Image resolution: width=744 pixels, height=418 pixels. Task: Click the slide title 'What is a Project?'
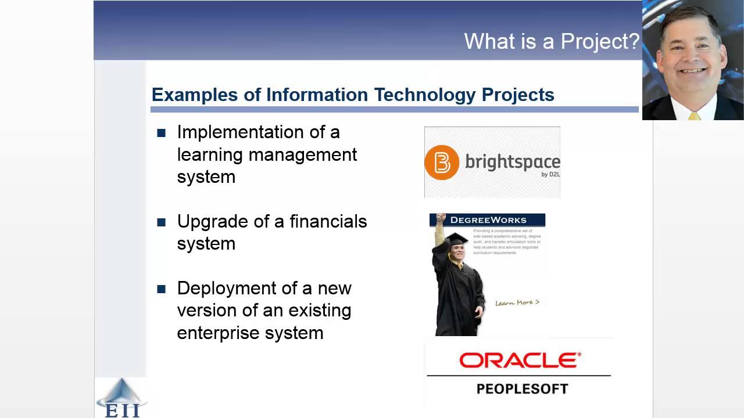coord(551,41)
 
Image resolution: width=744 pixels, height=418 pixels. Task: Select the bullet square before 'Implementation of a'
coord(162,133)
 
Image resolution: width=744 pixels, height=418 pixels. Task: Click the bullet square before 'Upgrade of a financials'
coord(162,222)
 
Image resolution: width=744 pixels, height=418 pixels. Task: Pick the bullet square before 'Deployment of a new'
coord(162,289)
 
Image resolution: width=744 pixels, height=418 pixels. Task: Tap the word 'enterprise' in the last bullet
coord(219,333)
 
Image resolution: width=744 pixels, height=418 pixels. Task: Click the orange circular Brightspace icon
coord(442,163)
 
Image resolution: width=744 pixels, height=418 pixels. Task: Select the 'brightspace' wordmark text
coord(512,162)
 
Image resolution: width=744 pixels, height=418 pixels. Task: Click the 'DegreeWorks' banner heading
coord(488,220)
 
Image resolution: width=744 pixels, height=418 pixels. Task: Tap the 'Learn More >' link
coord(517,302)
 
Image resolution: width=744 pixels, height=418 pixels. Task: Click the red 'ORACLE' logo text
coord(520,361)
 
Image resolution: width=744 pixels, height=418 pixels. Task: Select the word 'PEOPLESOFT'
coord(522,389)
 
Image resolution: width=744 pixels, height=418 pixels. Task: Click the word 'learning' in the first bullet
coord(210,155)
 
